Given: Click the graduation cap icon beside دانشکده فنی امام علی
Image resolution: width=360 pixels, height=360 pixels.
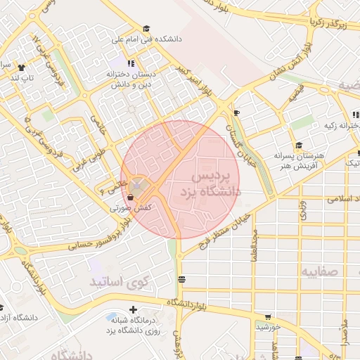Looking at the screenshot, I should [146, 29].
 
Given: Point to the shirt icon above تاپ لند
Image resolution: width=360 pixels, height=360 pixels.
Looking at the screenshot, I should [21, 68].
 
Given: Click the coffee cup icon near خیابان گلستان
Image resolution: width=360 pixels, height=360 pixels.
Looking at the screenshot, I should [236, 112].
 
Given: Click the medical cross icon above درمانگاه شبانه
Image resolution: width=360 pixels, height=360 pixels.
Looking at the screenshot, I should [133, 309].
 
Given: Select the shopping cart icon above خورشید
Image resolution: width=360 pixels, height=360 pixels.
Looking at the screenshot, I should [267, 316].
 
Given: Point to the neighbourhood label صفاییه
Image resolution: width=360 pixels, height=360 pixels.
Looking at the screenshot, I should [320, 271].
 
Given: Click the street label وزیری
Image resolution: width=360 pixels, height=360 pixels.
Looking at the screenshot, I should [303, 210].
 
